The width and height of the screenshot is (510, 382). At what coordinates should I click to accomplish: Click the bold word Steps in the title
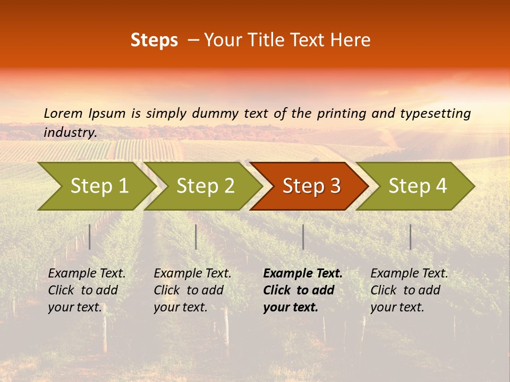point(154,40)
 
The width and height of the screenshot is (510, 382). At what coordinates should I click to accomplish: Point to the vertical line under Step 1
point(90,237)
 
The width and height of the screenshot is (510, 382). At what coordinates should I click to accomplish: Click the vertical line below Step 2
point(196,237)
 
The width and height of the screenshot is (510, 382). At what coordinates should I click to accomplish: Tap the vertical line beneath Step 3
point(303,237)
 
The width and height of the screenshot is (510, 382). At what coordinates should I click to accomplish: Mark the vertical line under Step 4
point(410,237)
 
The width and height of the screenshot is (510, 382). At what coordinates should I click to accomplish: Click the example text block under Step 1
point(87,290)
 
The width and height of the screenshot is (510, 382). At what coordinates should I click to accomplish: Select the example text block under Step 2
point(192,290)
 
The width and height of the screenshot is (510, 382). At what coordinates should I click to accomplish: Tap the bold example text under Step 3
point(302,290)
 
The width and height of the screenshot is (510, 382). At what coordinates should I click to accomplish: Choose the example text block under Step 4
point(409,290)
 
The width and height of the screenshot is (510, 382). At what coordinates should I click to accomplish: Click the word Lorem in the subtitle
point(63,114)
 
